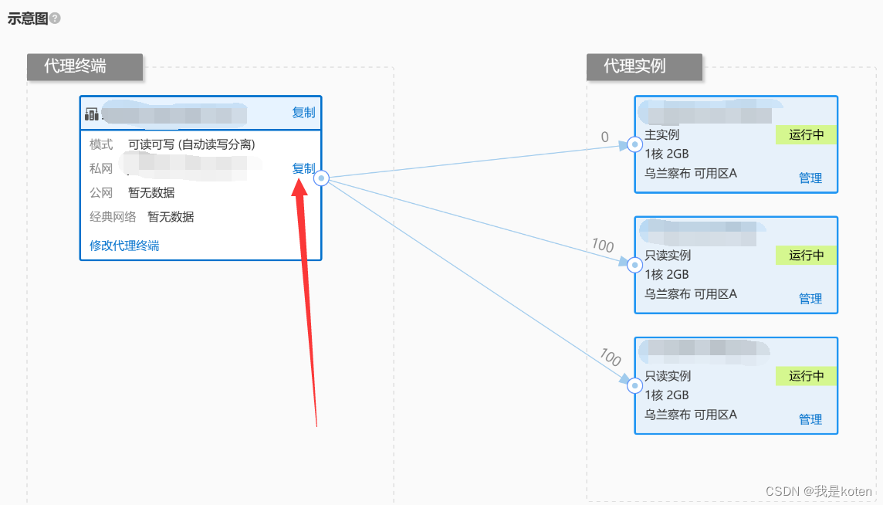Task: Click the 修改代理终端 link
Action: click(124, 246)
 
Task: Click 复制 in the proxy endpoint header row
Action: click(303, 113)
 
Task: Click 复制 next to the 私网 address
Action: click(303, 168)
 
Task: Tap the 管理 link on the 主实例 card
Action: click(810, 178)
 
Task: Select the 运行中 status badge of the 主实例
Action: click(806, 135)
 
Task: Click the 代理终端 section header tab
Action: click(85, 66)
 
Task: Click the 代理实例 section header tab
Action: click(644, 66)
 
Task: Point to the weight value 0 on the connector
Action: click(604, 137)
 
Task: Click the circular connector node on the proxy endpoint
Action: click(322, 178)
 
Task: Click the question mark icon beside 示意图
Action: click(55, 19)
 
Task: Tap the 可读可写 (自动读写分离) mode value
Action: click(191, 144)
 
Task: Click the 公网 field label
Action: click(101, 192)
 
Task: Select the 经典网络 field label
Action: click(113, 217)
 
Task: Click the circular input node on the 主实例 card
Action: click(634, 144)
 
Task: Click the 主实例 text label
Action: click(661, 135)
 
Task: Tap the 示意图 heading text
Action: click(27, 19)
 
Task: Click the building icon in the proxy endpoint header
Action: click(92, 114)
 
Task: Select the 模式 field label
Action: click(101, 144)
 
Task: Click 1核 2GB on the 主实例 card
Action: click(666, 154)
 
